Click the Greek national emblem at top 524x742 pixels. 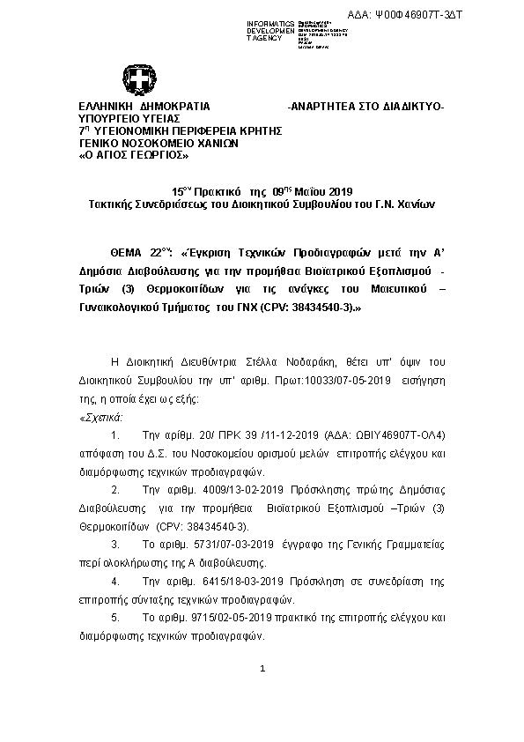(139, 82)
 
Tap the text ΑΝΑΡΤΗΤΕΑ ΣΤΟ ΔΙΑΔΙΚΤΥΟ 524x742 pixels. (367, 107)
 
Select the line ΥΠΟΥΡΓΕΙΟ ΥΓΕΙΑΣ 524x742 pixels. (129, 118)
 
